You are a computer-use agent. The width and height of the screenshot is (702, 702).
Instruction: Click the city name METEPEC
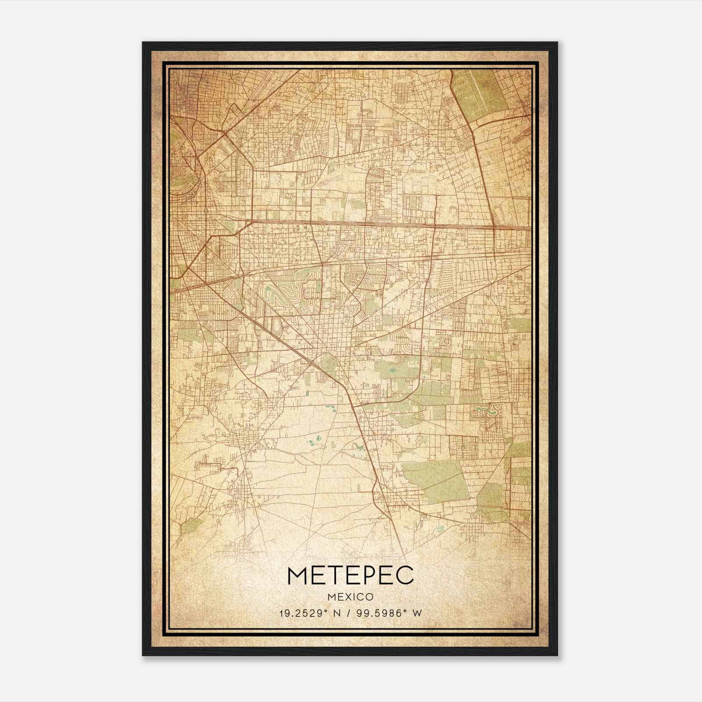tap(350, 575)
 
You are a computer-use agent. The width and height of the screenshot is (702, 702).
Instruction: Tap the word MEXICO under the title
tap(350, 597)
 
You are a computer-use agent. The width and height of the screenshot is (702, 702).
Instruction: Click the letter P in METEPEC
tap(366, 575)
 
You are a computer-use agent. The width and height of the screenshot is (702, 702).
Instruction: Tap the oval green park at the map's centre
tap(327, 363)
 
